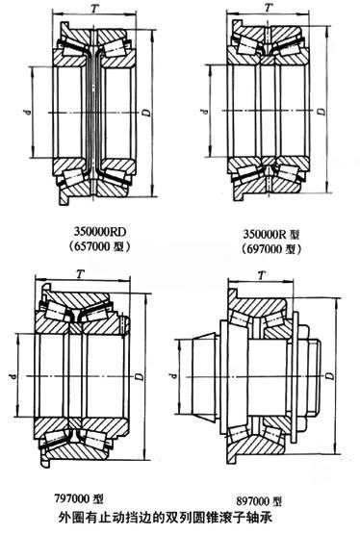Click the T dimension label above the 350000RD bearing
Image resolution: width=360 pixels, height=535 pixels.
pos(94,8)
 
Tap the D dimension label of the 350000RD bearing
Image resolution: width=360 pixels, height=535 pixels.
pos(146,113)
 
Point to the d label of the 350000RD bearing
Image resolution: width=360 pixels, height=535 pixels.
pos(29,112)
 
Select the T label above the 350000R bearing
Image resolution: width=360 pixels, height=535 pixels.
pos(270,8)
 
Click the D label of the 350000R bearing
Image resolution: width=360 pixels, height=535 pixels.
pos(321,112)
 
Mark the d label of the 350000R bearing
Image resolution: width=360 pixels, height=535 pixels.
pos(205,111)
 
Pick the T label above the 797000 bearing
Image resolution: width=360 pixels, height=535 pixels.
pos(81,273)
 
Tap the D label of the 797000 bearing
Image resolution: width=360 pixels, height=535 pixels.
pos(140,376)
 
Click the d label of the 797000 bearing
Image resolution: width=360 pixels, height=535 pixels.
pos(13,375)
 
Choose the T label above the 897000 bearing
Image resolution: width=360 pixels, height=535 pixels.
pos(262,275)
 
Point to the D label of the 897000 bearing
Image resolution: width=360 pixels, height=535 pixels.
pos(329,375)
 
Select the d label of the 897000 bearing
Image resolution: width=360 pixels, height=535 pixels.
pos(174,375)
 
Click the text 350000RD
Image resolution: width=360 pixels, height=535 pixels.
pos(100,232)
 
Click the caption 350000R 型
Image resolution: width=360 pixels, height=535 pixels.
pos(271,235)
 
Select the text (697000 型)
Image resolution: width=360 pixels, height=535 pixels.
pos(271,249)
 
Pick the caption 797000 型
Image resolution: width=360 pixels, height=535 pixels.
pos(79,498)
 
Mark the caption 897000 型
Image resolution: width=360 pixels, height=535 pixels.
pos(259,501)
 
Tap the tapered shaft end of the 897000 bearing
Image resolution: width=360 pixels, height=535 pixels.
pos(198,376)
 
